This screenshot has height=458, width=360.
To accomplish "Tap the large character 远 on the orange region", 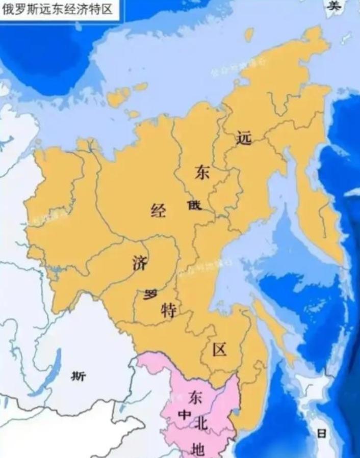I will pyautogui.click(x=244, y=138).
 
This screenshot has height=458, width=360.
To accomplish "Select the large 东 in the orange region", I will pyautogui.click(x=202, y=173).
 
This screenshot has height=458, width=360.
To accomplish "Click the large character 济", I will pyautogui.click(x=139, y=263).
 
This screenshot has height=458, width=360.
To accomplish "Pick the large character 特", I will pyautogui.click(x=169, y=309).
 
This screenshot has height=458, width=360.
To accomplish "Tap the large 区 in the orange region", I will pyautogui.click(x=219, y=349).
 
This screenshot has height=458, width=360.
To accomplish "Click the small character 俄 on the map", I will pyautogui.click(x=194, y=205).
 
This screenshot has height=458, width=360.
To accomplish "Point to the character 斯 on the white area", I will pyautogui.click(x=79, y=376).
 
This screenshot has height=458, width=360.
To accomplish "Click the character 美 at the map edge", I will pyautogui.click(x=334, y=6).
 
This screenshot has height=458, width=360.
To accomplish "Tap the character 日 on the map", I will pyautogui.click(x=322, y=434).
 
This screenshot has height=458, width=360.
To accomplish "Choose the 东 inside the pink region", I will pyautogui.click(x=195, y=397).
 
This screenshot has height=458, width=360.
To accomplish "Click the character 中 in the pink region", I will pyautogui.click(x=183, y=415).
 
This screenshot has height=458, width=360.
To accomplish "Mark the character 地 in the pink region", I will pyautogui.click(x=197, y=447).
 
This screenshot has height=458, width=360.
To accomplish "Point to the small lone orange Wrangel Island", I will pyautogui.click(x=249, y=35).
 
